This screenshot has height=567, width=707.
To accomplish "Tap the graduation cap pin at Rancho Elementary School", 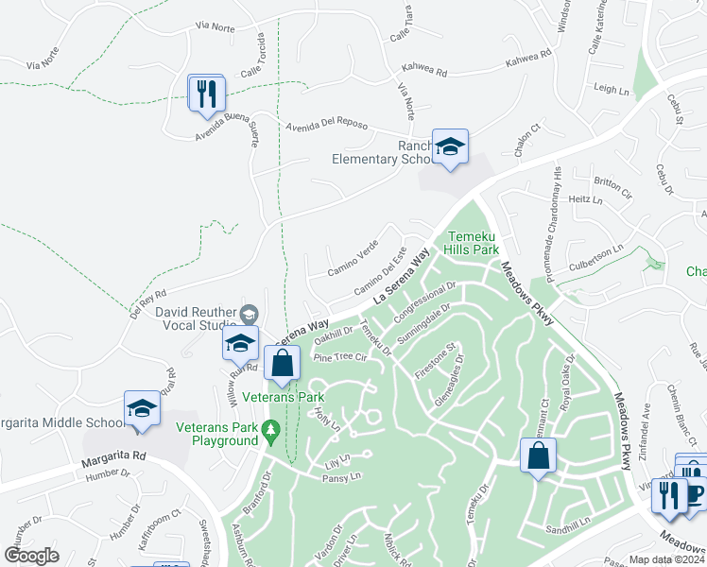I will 450,148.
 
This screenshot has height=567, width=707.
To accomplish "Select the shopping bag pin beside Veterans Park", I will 282,364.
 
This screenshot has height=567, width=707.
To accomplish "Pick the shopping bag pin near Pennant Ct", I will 538,457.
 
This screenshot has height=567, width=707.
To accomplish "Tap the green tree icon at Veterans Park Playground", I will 271,431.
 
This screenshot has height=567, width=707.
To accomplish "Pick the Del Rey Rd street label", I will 148,301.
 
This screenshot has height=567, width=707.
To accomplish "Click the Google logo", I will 31,556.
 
